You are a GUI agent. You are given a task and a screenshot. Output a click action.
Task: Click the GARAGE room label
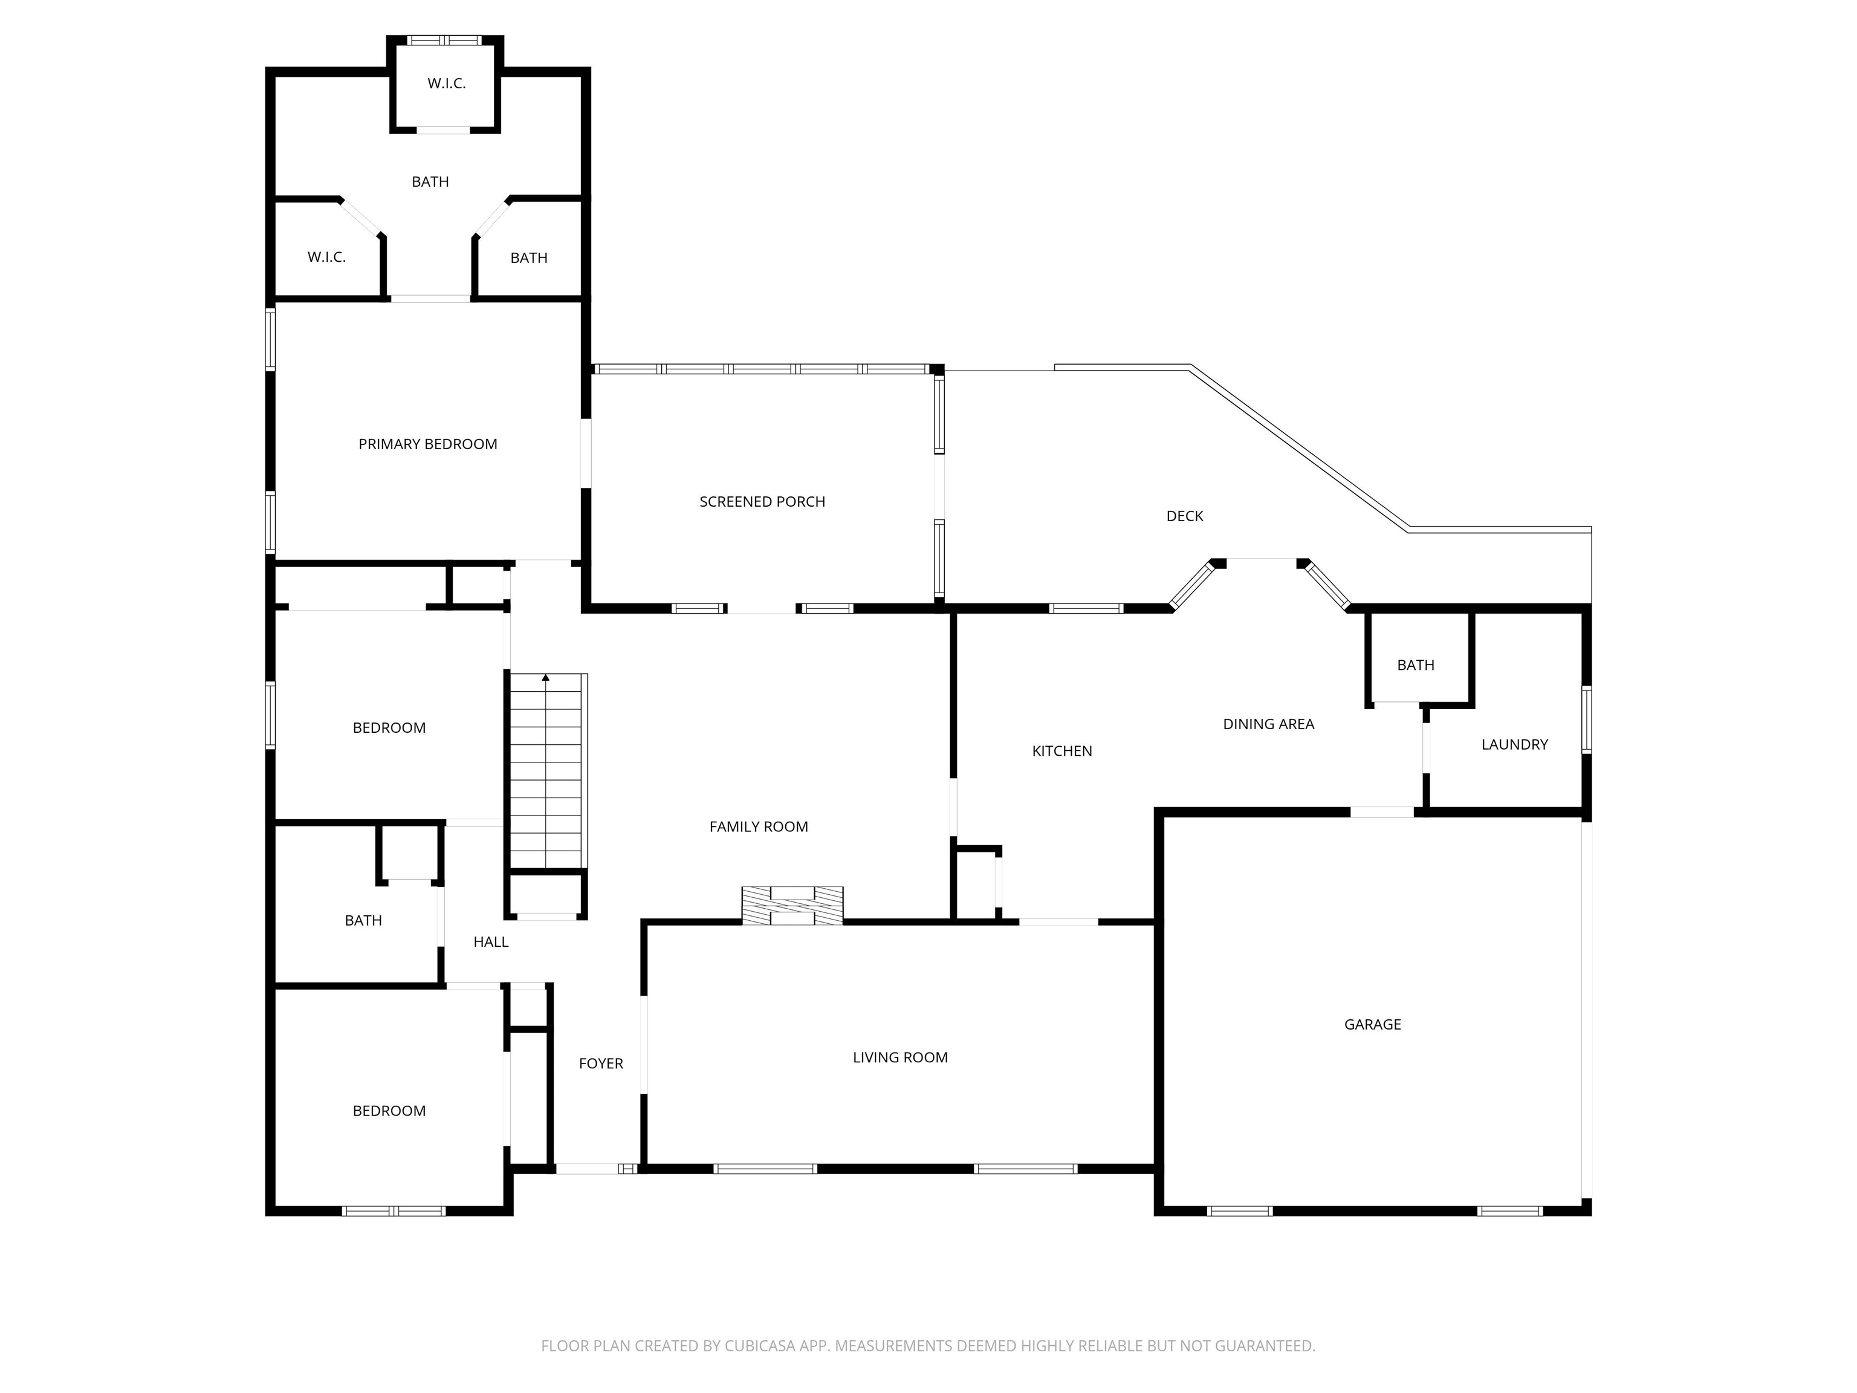(x=1373, y=1024)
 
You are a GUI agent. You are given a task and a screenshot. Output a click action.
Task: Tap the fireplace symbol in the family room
(x=792, y=906)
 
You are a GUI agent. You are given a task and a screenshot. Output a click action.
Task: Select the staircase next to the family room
(x=546, y=770)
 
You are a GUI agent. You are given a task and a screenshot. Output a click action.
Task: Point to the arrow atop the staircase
(x=546, y=677)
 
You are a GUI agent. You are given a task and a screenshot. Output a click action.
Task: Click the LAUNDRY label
(x=1514, y=744)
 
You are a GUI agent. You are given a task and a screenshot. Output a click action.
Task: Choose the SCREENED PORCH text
(x=762, y=501)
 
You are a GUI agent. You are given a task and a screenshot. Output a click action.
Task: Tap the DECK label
(x=1185, y=516)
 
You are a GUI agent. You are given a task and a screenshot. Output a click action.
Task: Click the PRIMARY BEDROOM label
(x=427, y=444)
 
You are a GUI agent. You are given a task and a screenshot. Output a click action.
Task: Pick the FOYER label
(x=601, y=1063)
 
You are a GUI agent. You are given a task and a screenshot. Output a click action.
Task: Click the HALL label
(x=491, y=942)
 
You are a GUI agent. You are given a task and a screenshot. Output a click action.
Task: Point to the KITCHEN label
(x=1062, y=751)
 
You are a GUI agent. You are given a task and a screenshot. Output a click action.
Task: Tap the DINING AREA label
(x=1268, y=724)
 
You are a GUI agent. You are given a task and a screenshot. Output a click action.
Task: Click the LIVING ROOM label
(x=900, y=1057)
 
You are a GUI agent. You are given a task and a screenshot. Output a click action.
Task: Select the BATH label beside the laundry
(x=1415, y=665)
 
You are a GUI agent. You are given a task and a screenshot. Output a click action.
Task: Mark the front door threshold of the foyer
(x=588, y=1168)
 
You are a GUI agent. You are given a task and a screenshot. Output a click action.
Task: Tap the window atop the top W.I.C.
(x=444, y=41)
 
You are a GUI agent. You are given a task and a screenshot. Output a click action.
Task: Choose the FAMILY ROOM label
(x=758, y=827)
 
